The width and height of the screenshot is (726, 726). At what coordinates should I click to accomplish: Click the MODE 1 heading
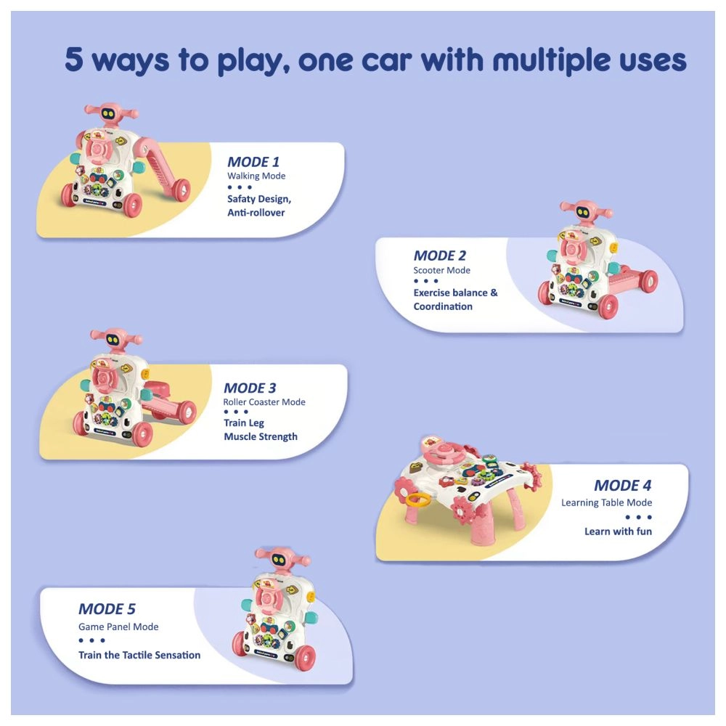coord(253,162)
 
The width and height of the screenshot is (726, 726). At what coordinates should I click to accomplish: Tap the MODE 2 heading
coord(439,256)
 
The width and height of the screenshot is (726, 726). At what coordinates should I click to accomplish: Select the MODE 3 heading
coord(250,388)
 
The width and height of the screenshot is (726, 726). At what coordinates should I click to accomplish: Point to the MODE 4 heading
coord(622,485)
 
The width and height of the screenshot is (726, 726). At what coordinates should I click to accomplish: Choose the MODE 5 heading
coord(107,609)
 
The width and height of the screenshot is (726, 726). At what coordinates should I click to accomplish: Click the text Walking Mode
coord(256,176)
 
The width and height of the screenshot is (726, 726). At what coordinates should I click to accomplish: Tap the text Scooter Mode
coord(441,270)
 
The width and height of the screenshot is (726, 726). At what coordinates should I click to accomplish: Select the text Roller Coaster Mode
coord(264,402)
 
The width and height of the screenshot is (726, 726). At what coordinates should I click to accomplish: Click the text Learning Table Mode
coord(606,502)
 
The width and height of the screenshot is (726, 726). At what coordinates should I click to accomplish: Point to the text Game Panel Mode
coord(118,627)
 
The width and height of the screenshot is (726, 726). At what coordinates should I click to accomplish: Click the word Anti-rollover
coord(256,213)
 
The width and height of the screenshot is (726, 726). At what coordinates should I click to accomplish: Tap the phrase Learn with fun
coord(618,531)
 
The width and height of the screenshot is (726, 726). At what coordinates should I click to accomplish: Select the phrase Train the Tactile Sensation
coord(139,655)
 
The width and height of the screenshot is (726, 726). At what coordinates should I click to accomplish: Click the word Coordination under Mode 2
coord(443,306)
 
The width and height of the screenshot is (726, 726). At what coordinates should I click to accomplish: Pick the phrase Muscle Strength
coord(261,436)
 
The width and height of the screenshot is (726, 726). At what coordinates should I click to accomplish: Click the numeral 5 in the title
coord(74,60)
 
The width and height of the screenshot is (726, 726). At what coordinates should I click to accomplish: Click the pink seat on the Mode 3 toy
coord(156,388)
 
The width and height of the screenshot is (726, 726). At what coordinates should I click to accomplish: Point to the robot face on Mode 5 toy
coord(278,560)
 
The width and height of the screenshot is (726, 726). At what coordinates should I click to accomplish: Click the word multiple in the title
coord(550,60)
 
